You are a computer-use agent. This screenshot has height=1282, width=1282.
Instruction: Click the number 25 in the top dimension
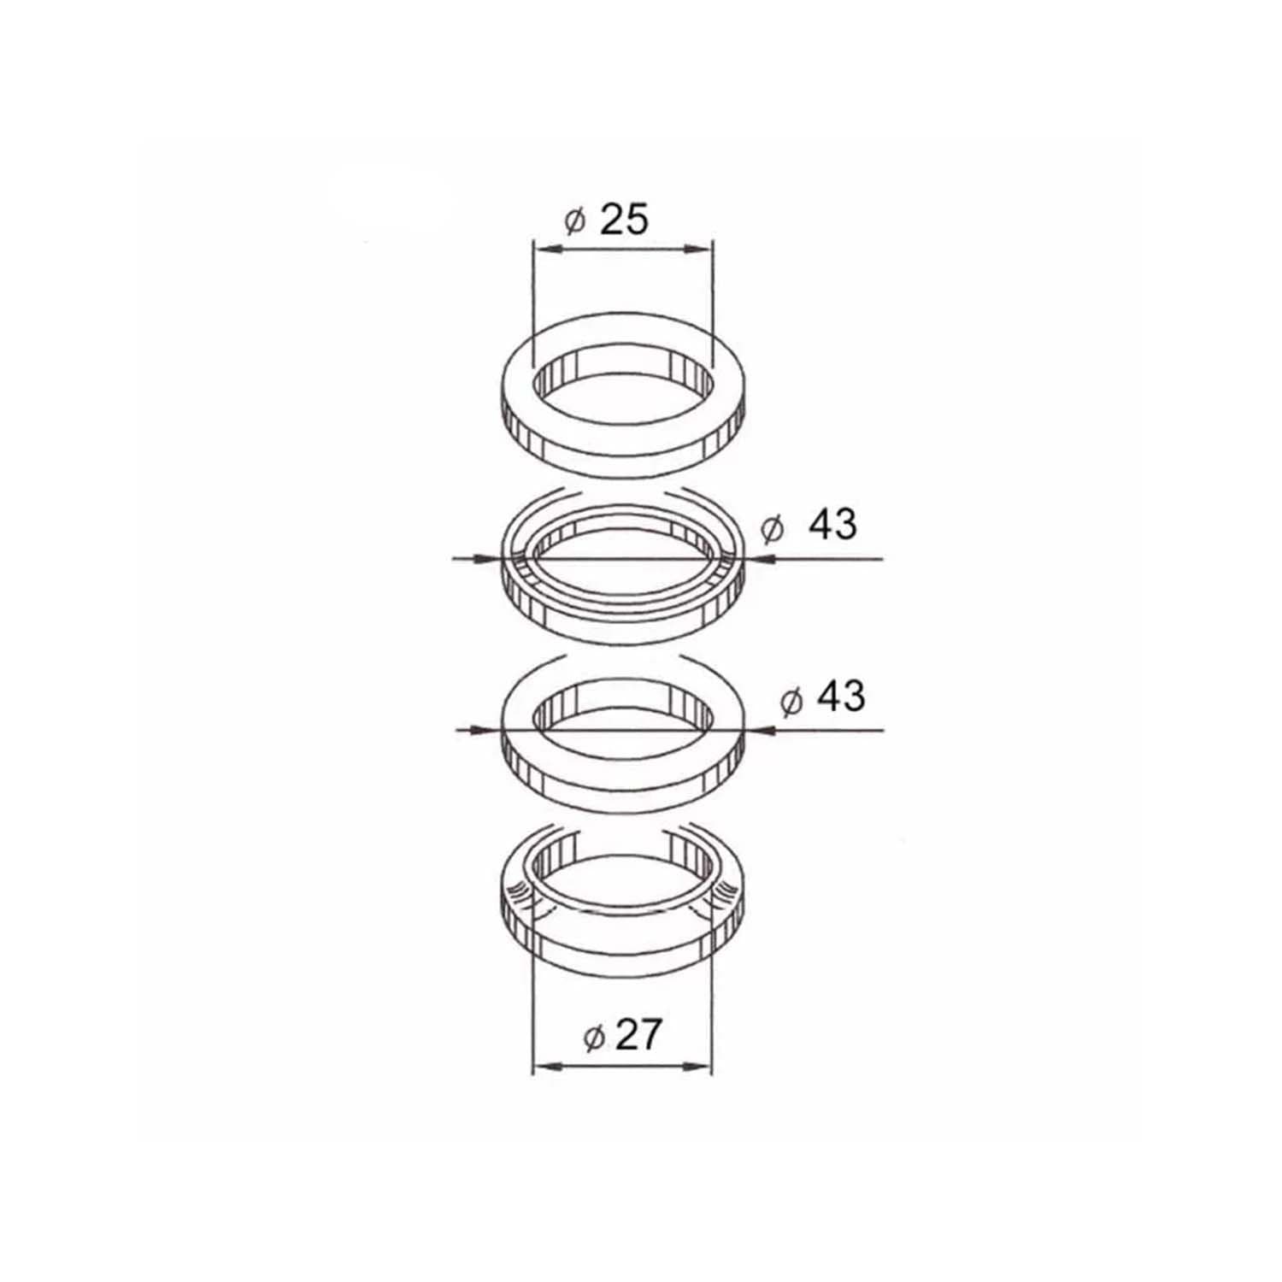click(x=624, y=221)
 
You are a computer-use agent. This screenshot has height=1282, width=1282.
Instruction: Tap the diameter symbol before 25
click(x=574, y=222)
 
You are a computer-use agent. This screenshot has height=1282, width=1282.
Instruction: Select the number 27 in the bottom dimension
click(x=637, y=1036)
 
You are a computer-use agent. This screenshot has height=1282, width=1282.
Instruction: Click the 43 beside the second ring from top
click(x=832, y=524)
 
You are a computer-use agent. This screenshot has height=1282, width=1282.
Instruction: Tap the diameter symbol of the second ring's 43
click(x=772, y=529)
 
